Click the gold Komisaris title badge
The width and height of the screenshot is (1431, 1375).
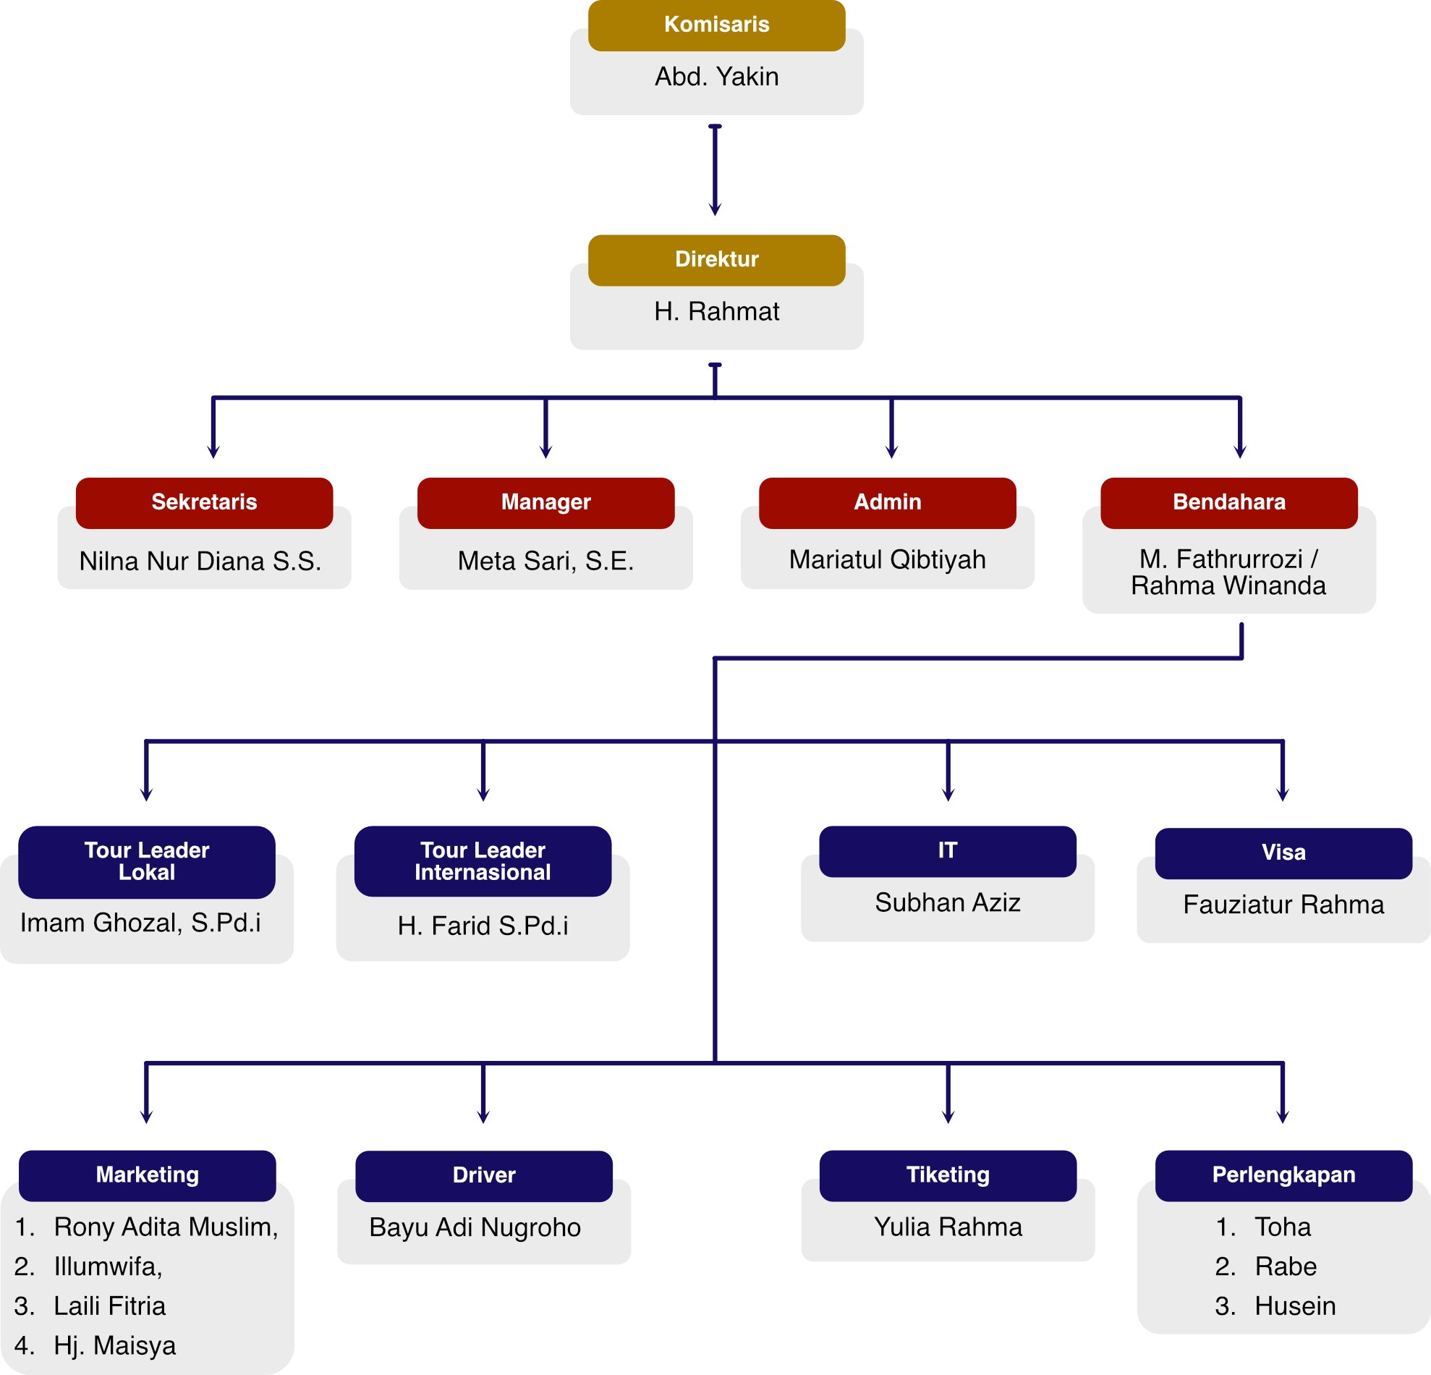[x=716, y=25]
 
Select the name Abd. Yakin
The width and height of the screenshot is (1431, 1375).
[x=716, y=77]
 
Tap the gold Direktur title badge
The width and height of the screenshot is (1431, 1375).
[x=716, y=259]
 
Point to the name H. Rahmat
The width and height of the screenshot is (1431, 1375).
[x=716, y=312]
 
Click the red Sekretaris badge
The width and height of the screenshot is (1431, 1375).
[x=205, y=502]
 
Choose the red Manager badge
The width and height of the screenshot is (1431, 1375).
[x=545, y=502]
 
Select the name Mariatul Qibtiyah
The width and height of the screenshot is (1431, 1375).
[x=887, y=559]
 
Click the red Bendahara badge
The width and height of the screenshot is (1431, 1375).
[x=1228, y=502]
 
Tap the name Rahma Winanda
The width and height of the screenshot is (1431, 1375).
[x=1228, y=585]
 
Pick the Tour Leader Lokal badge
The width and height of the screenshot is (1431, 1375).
[x=147, y=861]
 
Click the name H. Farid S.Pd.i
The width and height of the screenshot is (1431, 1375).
[x=483, y=926]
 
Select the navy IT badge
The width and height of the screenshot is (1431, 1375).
[x=947, y=850]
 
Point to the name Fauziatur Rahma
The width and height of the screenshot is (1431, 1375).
[x=1283, y=905]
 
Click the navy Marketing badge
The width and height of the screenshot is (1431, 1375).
[x=148, y=1175]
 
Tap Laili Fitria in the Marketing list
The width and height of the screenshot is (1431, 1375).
[x=109, y=1306]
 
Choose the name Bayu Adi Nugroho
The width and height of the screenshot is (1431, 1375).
[x=475, y=1227]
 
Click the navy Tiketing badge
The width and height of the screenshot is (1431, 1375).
[x=948, y=1175]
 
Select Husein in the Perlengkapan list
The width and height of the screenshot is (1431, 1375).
[x=1294, y=1306]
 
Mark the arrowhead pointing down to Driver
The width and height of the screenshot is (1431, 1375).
[x=483, y=1115]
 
